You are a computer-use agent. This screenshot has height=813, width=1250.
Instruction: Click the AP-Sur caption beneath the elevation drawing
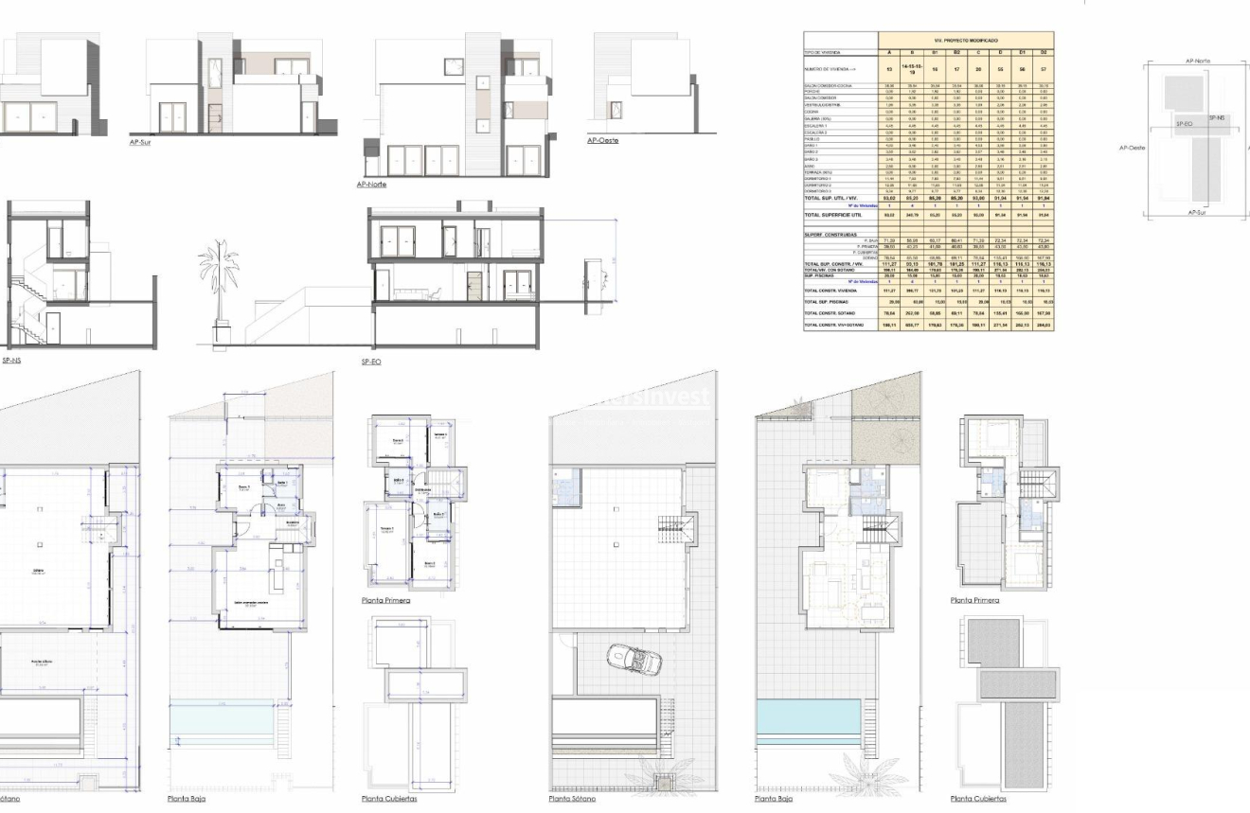[x=138, y=143]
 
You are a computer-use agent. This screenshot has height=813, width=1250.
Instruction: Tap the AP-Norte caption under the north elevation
[x=371, y=185]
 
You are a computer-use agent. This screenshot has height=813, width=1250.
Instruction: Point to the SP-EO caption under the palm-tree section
[x=370, y=362]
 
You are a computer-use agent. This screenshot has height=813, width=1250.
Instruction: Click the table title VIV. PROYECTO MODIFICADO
[x=966, y=41]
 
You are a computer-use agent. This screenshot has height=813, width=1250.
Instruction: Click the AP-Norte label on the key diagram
[x=1197, y=61]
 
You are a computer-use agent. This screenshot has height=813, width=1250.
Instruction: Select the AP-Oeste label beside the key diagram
[x=1132, y=148]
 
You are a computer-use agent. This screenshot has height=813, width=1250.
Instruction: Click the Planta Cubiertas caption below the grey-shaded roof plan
[x=979, y=800]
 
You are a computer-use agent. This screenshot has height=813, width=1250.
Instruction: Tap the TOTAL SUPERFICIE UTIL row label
[x=839, y=216]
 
